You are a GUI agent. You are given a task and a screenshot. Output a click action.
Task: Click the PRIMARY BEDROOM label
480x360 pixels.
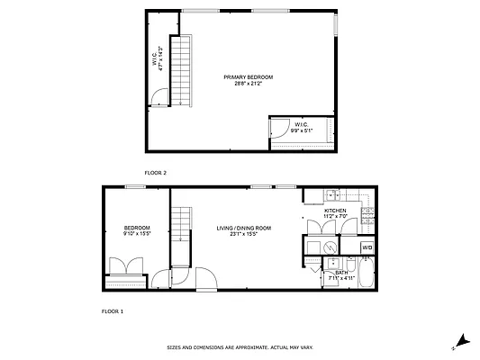(x=248, y=77)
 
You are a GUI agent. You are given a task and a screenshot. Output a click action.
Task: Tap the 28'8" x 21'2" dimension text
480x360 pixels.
(x=248, y=84)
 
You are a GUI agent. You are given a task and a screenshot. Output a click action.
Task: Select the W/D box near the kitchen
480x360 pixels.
(x=367, y=247)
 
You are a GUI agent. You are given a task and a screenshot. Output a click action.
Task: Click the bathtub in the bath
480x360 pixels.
(x=367, y=274)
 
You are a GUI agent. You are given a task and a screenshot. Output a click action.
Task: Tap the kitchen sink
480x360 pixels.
(x=331, y=194)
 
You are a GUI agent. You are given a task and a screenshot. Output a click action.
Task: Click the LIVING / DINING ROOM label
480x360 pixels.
(x=243, y=229)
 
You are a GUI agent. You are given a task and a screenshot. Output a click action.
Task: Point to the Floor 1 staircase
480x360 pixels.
(x=183, y=236)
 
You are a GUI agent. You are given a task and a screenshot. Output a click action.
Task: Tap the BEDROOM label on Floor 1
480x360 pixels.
(x=137, y=228)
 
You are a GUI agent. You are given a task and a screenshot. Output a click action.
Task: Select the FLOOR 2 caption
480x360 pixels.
(x=156, y=171)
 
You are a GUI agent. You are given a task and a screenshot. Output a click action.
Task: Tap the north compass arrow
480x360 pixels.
(x=461, y=341)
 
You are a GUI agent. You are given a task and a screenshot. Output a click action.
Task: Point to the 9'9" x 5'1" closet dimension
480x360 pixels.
(x=303, y=130)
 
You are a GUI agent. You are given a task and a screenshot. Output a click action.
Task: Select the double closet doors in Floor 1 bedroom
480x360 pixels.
(x=123, y=267)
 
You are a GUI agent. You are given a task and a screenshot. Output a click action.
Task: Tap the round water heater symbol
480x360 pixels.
(x=331, y=246)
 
